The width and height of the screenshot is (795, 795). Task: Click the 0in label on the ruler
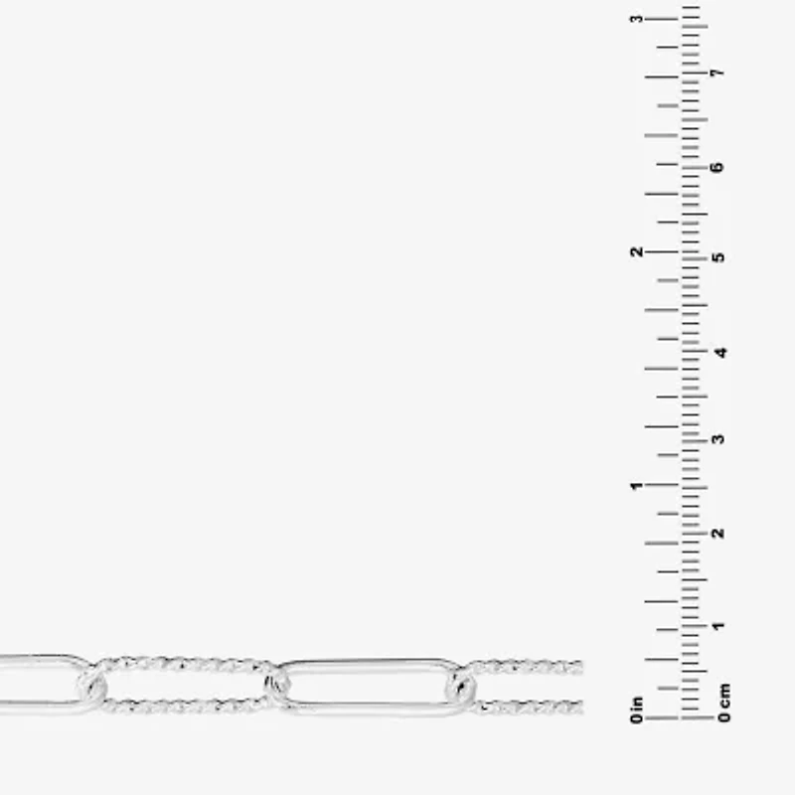click(x=636, y=710)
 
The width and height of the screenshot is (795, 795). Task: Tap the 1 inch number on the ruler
click(x=636, y=486)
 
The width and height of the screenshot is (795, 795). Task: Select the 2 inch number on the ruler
click(x=636, y=251)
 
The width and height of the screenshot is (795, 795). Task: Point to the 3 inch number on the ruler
click(x=636, y=19)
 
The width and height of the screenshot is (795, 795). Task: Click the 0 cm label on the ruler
click(x=724, y=703)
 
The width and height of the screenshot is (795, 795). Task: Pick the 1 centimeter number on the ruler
click(x=717, y=626)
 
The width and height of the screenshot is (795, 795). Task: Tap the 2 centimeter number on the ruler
click(x=717, y=533)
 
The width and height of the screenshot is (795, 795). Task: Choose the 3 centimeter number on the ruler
click(x=717, y=439)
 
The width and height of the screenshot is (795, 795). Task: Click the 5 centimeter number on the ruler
click(x=717, y=257)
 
